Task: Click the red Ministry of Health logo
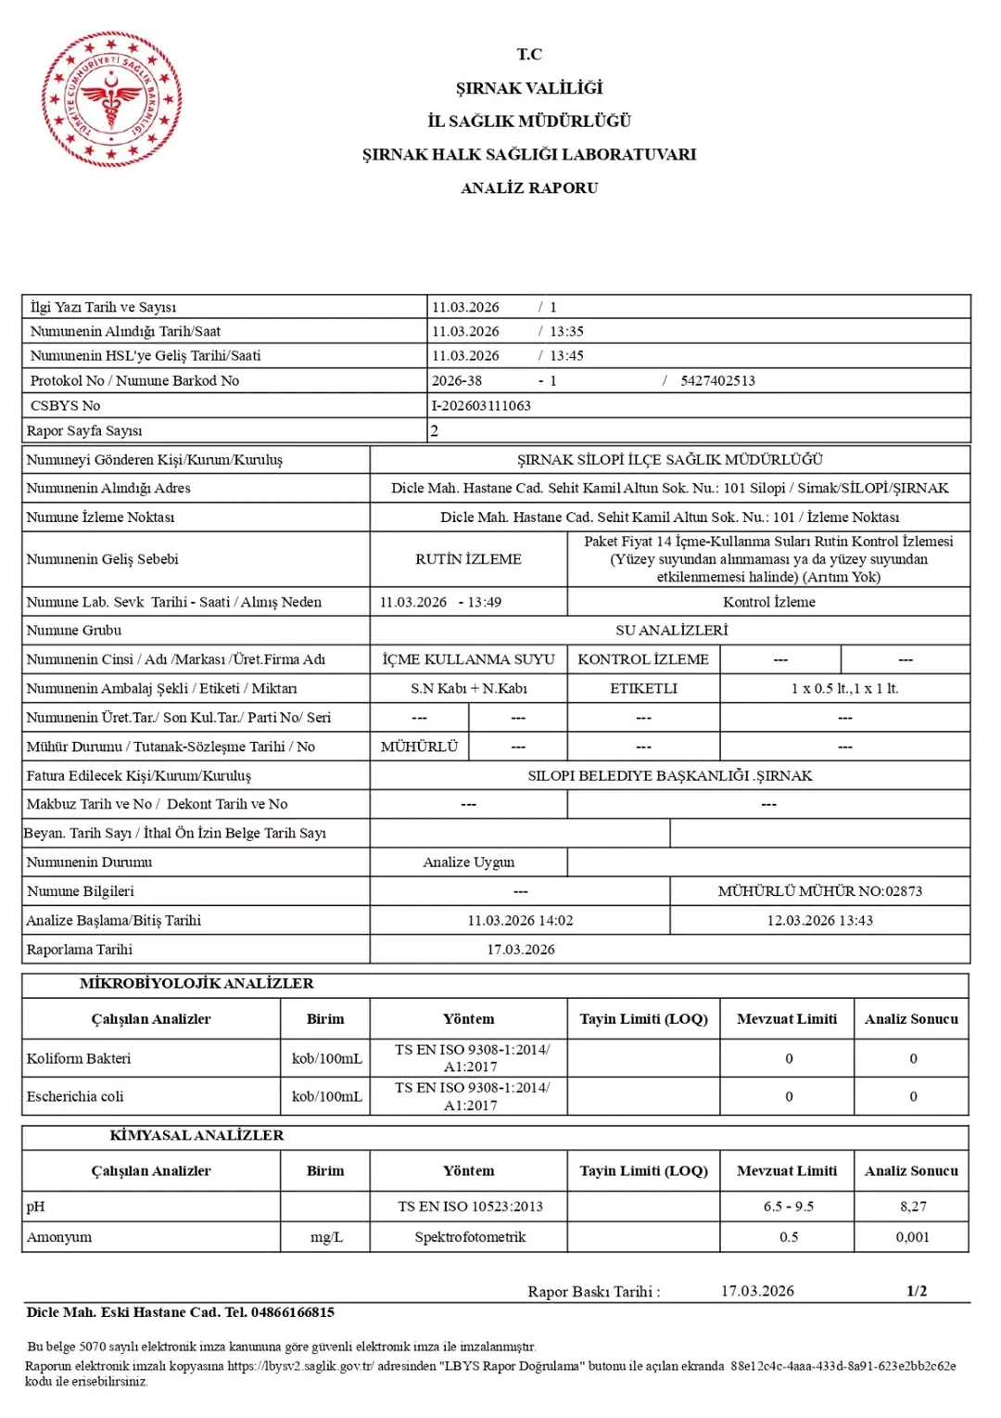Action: (x=111, y=100)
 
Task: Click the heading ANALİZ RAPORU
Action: (x=529, y=188)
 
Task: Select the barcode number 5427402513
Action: (x=717, y=381)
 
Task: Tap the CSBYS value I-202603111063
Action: (x=481, y=406)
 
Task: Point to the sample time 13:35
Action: (x=566, y=332)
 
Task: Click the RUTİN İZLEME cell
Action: (x=468, y=559)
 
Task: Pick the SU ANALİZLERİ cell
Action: (x=671, y=631)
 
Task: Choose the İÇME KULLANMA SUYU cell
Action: (x=468, y=659)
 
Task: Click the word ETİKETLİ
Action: (x=643, y=688)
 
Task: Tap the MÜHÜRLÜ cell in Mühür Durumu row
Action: (x=419, y=747)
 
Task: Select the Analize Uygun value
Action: (x=468, y=862)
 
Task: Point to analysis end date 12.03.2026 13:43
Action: (x=819, y=921)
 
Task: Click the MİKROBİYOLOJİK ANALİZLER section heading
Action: (x=196, y=984)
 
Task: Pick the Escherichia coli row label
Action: (x=75, y=1097)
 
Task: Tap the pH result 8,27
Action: (x=912, y=1207)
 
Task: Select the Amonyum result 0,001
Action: (x=912, y=1237)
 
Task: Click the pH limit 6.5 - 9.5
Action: (x=788, y=1207)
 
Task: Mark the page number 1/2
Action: (x=916, y=1291)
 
